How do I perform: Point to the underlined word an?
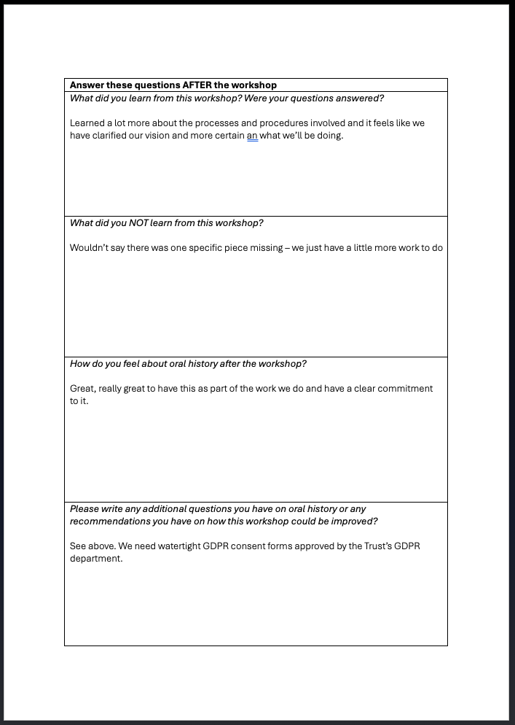click(x=253, y=136)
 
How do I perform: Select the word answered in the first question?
click(x=359, y=98)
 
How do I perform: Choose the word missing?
click(x=263, y=248)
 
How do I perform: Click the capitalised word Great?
click(x=82, y=389)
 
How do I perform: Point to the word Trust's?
click(x=371, y=546)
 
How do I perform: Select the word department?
click(x=96, y=559)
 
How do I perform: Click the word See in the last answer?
click(x=78, y=546)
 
